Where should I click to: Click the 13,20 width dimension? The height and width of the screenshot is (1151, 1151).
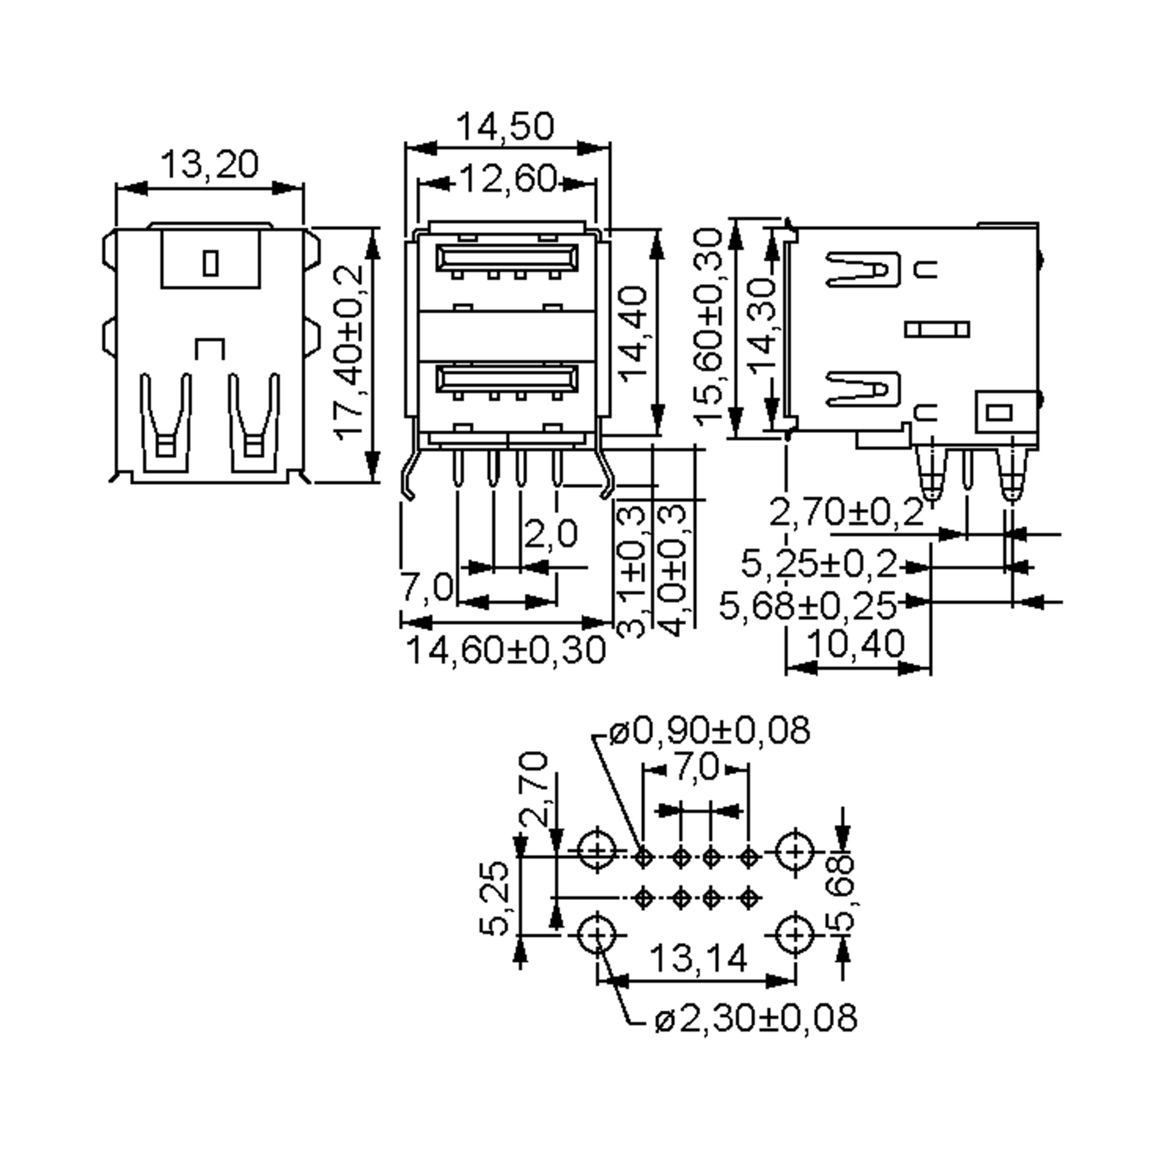coord(210,165)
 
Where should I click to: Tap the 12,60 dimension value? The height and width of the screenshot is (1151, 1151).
coord(507,179)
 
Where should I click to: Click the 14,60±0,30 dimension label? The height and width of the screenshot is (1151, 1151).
coord(505,650)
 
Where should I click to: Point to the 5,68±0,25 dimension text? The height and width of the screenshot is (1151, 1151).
coord(807,605)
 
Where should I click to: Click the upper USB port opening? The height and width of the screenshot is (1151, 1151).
coord(506,258)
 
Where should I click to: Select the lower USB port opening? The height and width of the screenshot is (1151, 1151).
coord(506,378)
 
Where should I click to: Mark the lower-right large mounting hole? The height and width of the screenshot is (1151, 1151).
coord(795,936)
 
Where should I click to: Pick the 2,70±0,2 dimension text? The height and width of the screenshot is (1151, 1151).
coord(846,512)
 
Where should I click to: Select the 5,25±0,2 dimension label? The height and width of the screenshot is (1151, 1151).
coord(819,564)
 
